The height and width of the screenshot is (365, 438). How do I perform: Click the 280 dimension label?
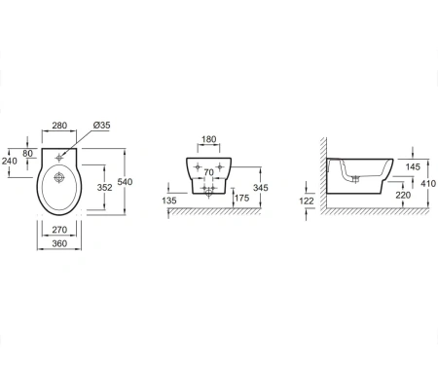(59, 126)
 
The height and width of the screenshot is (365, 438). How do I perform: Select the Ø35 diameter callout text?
(101, 125)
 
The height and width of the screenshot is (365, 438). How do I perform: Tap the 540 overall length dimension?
(125, 182)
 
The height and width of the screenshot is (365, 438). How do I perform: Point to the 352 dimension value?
(105, 187)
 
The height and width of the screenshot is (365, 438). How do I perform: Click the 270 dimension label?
(59, 230)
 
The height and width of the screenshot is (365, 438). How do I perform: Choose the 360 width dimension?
(59, 243)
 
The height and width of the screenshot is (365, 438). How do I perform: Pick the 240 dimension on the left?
(10, 161)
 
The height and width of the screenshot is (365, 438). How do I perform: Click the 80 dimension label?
(28, 153)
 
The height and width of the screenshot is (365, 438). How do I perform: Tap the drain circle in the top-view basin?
(58, 178)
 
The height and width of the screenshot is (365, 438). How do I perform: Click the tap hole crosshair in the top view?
(59, 158)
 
